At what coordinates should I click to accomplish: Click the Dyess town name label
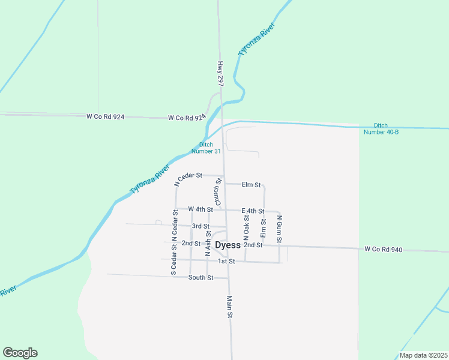tap(228, 245)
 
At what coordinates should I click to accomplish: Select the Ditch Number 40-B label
tap(381, 128)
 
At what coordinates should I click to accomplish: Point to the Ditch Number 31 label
tap(206, 148)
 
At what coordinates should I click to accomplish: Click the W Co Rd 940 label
tap(383, 249)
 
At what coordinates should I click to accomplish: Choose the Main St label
tap(229, 306)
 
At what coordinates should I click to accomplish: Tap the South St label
tap(200, 278)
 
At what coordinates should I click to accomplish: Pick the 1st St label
tap(226, 262)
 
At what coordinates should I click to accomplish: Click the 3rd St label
tap(200, 226)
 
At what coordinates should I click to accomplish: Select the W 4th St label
tap(200, 209)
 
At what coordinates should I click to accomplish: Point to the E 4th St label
tap(253, 211)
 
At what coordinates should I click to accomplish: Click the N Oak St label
tap(246, 225)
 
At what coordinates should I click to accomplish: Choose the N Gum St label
tap(279, 225)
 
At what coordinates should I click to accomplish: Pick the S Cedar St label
tap(173, 260)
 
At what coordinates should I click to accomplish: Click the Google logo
tap(20, 353)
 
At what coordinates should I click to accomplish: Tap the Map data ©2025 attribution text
tap(422, 355)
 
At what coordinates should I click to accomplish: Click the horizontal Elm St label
tap(251, 185)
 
